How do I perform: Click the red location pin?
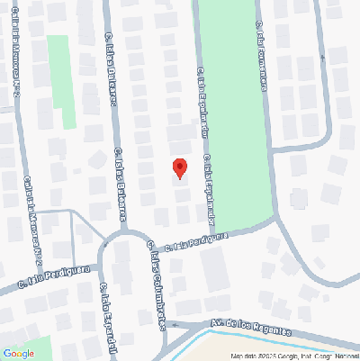179,168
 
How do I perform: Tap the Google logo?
18,353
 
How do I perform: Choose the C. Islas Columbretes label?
155,288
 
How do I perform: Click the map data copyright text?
292,356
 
